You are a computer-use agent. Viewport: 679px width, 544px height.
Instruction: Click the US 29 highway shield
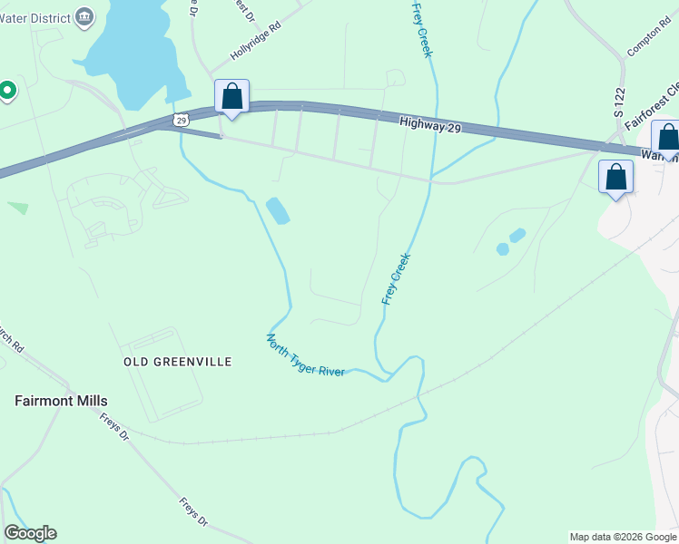point(182,120)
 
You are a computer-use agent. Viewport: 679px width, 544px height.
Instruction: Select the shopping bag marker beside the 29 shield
point(231,97)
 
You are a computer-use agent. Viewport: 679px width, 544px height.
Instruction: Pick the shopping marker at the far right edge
point(668,139)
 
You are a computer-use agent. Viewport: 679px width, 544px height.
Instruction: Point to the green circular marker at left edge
point(7,90)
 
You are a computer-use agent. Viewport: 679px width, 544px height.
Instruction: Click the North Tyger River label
point(305,355)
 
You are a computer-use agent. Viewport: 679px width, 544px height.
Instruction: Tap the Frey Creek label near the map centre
point(397,278)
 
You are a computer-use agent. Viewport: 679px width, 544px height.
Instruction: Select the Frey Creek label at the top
point(421,29)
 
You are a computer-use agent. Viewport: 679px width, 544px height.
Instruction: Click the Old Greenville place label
point(178,362)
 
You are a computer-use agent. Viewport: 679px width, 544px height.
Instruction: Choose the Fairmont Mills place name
point(61,401)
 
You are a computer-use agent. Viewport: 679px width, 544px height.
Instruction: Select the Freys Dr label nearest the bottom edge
point(194,511)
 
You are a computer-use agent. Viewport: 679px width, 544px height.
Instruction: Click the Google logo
point(30,533)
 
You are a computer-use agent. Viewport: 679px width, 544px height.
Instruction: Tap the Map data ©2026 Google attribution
point(623,537)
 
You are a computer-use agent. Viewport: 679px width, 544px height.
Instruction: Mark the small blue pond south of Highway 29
point(278,211)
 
